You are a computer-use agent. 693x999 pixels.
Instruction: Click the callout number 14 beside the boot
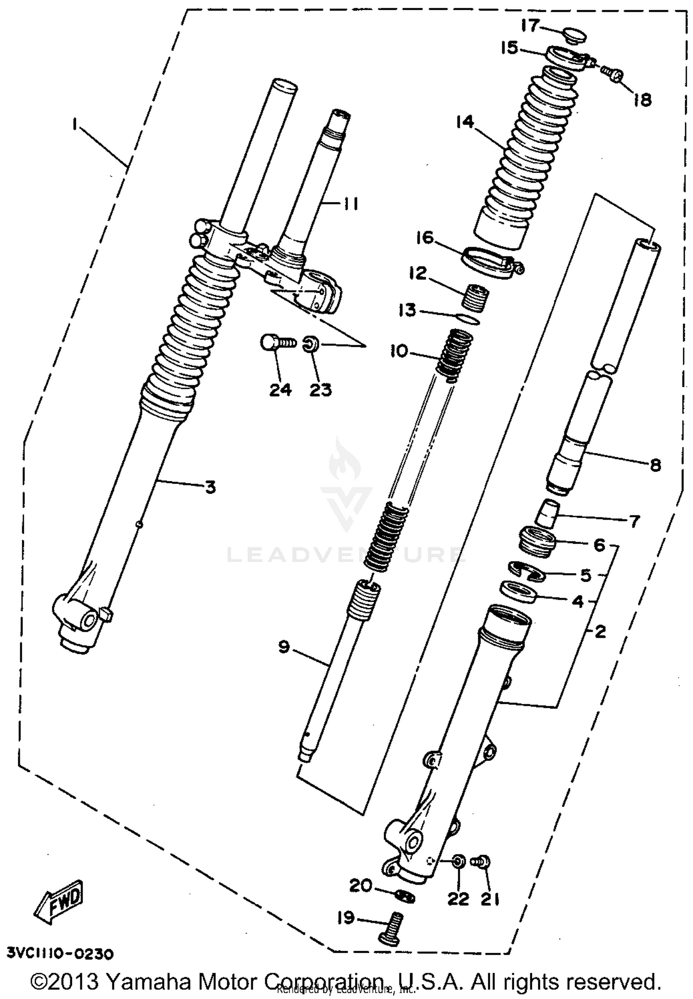(465, 122)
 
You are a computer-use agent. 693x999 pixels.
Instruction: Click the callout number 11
(351, 204)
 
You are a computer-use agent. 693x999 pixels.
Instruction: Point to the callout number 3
(210, 486)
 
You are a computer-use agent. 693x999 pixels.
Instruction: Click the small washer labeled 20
(406, 896)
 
